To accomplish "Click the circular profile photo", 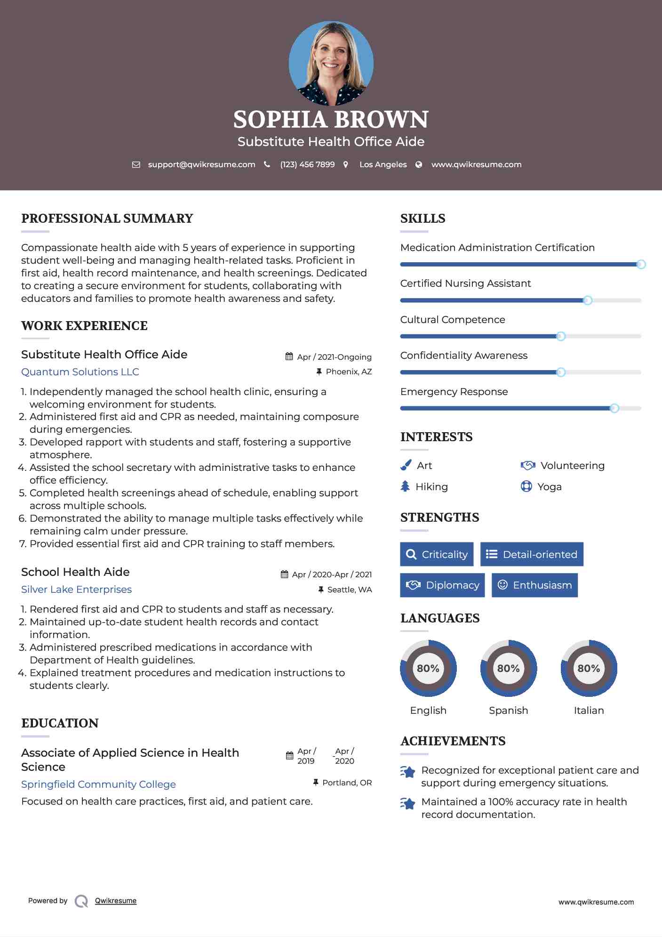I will (x=331, y=63).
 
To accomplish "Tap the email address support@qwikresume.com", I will (x=201, y=164).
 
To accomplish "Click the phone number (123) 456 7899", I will (x=307, y=164).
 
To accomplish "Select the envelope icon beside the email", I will (x=136, y=165).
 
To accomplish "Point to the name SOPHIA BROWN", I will (x=331, y=120).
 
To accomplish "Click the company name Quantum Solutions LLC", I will (x=80, y=372).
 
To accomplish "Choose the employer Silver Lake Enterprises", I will (x=76, y=590).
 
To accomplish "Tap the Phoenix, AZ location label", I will (x=349, y=372).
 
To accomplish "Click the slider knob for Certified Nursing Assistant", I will (x=587, y=300).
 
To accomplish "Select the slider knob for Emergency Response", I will (x=614, y=408).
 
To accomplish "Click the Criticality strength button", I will (x=437, y=554).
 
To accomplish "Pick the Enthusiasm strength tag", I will (x=534, y=585).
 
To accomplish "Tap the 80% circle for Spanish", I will (x=508, y=668).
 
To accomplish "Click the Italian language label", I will (x=589, y=710).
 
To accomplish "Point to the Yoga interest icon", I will (x=526, y=486).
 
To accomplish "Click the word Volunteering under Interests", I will (x=572, y=465).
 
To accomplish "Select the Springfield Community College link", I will (x=98, y=784).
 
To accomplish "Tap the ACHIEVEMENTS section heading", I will (x=453, y=741).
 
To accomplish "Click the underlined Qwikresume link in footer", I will (x=116, y=901).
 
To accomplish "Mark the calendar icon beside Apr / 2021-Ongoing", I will (x=289, y=356).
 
